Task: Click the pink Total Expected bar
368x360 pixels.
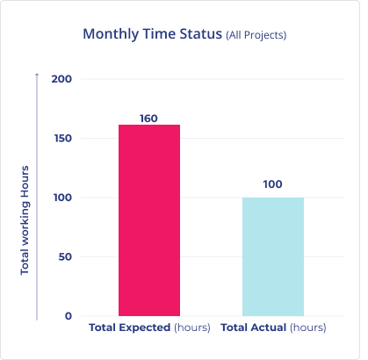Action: pyautogui.click(x=149, y=220)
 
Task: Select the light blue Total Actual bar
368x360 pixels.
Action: pyautogui.click(x=273, y=256)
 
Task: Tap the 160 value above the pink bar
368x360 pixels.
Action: pyautogui.click(x=148, y=119)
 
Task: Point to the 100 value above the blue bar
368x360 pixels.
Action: pyautogui.click(x=272, y=184)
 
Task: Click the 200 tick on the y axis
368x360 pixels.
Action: pyautogui.click(x=61, y=79)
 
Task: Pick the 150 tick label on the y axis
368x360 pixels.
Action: pyautogui.click(x=63, y=138)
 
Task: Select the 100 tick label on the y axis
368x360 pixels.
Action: pyautogui.click(x=62, y=198)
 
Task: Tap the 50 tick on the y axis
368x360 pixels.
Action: pyautogui.click(x=65, y=256)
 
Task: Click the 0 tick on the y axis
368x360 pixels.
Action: pyautogui.click(x=69, y=316)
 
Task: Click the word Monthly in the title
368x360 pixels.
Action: pyautogui.click(x=111, y=34)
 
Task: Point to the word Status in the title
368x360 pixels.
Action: pyautogui.click(x=201, y=34)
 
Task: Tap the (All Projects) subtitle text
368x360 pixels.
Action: pyautogui.click(x=256, y=35)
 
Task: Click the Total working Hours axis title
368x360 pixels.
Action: pyautogui.click(x=25, y=220)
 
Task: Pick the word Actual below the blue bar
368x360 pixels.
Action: pyautogui.click(x=270, y=328)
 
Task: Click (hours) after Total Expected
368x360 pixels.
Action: pyautogui.click(x=192, y=328)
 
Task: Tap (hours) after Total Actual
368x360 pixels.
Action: pyautogui.click(x=308, y=328)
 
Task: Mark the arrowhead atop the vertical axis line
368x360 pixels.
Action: pyautogui.click(x=37, y=74)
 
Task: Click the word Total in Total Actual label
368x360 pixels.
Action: pyautogui.click(x=235, y=328)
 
